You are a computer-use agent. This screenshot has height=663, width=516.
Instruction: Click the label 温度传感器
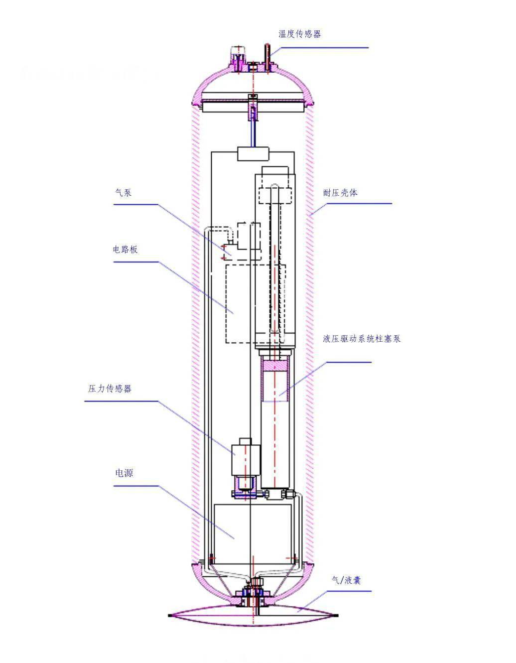point(299,34)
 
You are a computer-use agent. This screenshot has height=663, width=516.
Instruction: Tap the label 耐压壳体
point(340,193)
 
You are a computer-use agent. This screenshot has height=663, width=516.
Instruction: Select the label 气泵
point(123,193)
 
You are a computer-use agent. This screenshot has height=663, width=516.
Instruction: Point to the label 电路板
point(125,250)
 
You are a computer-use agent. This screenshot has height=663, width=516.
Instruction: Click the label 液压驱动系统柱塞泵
point(361,339)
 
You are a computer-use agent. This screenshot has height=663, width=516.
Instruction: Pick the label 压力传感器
point(110,389)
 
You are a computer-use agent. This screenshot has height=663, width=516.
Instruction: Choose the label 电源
point(124,473)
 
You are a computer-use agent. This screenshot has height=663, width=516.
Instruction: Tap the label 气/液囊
point(346,580)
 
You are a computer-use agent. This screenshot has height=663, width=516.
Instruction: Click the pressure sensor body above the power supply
point(246,457)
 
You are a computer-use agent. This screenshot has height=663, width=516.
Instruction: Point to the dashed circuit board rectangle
point(239,304)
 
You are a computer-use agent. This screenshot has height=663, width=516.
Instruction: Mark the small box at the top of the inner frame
point(253,154)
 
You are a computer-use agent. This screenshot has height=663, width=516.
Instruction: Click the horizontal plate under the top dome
point(253,105)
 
